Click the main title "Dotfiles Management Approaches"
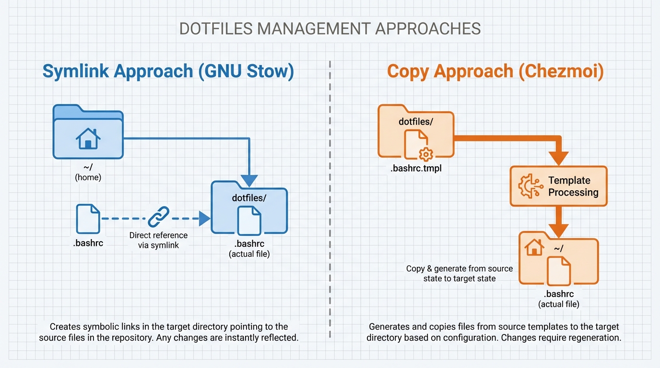point(330,29)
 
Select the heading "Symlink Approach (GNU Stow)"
point(168,71)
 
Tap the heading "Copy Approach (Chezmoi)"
point(495,71)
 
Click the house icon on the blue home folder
point(88,138)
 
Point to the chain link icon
point(159,217)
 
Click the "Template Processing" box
point(558,186)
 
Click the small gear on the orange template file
point(425,154)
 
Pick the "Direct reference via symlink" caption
point(158,240)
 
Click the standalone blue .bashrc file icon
point(88,218)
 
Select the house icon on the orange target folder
point(534,248)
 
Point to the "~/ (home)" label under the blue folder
point(88,172)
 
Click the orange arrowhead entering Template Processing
point(558,158)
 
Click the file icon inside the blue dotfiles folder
point(249,220)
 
